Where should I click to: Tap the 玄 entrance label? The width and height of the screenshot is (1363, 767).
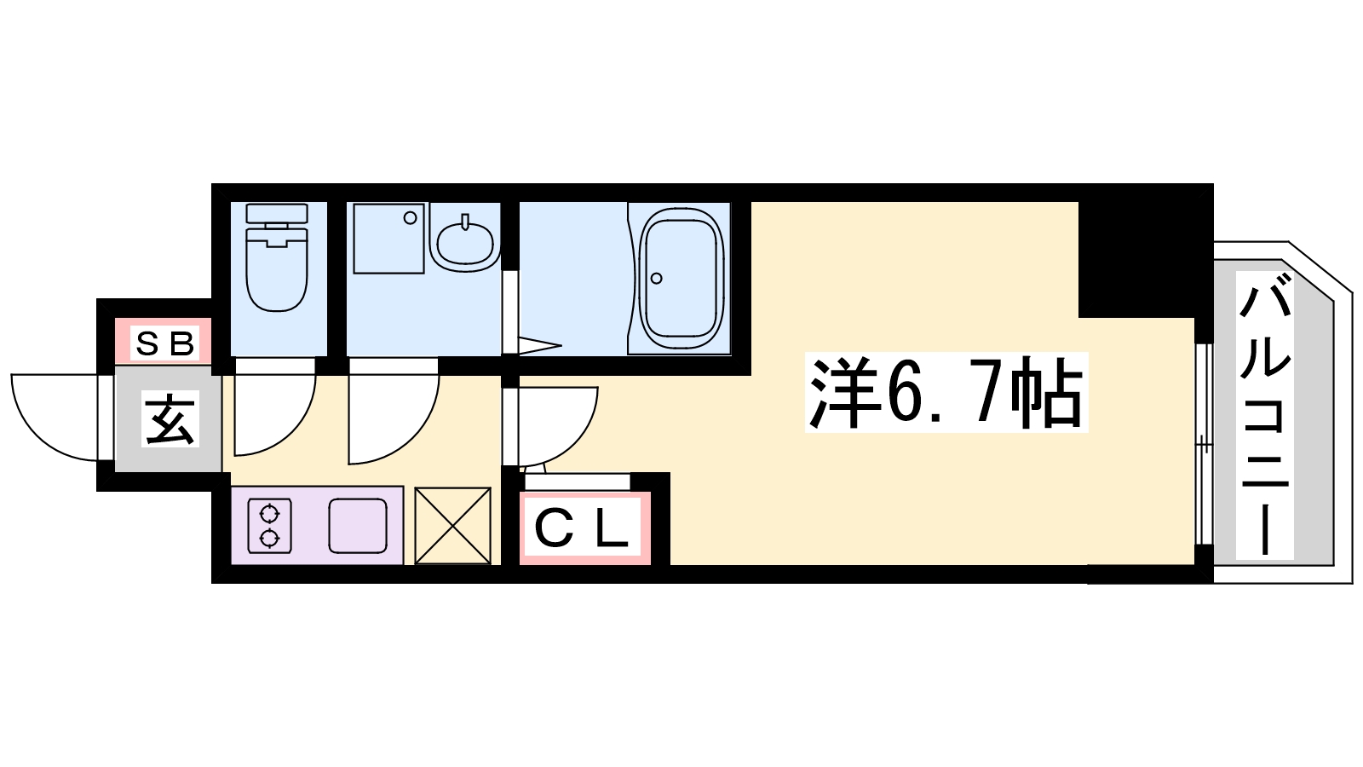point(170,418)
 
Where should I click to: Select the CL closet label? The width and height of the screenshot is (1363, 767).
point(584,528)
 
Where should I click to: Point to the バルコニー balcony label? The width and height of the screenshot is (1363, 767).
point(1264,422)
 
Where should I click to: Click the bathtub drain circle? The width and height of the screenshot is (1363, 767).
point(657,278)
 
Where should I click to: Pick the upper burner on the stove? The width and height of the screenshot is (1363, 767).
point(270,513)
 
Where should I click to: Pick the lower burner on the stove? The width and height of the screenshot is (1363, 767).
point(270,538)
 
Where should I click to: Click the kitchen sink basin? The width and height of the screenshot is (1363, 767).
point(358,526)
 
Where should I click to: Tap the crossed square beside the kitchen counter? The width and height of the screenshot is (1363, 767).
point(452,525)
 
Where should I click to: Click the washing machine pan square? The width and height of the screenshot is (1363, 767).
point(388,238)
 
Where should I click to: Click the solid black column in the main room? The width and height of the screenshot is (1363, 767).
point(1136,256)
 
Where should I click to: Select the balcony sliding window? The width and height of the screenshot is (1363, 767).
point(1203,443)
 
